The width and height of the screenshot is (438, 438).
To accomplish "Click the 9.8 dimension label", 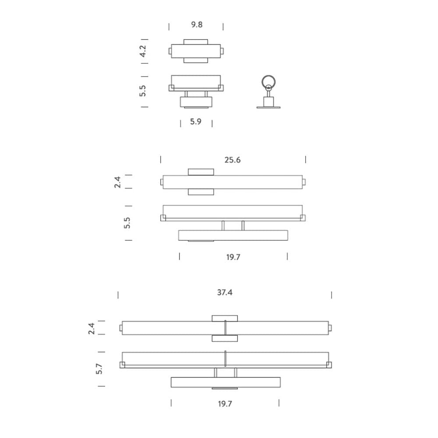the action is [x=197, y=25].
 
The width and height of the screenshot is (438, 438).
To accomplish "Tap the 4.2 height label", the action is [x=143, y=51].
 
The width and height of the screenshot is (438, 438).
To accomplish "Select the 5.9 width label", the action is [x=195, y=121].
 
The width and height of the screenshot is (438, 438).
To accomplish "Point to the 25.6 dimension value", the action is [x=233, y=160].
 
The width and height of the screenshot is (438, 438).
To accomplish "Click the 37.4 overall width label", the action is [x=225, y=292].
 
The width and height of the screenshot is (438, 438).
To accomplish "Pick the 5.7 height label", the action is [x=99, y=369].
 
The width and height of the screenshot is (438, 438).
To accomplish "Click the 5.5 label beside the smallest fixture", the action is [x=142, y=91].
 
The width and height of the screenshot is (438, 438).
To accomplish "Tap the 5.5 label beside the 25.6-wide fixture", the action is [x=127, y=223].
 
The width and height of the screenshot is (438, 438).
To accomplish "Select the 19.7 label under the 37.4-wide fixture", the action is [x=225, y=404].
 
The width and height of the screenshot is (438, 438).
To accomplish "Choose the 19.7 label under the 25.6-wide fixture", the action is [x=233, y=257].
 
